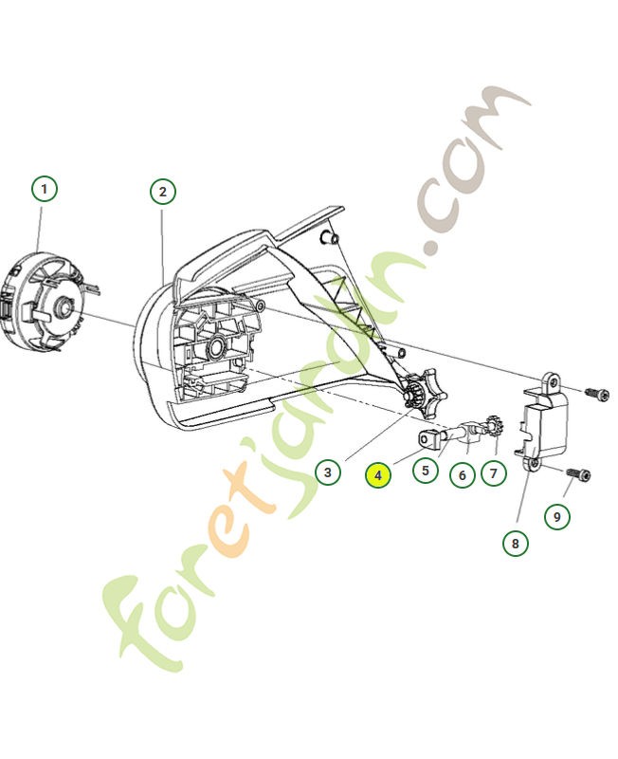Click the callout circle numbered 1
click(x=44, y=188)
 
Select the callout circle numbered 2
click(x=163, y=192)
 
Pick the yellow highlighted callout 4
click(x=377, y=474)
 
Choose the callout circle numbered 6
click(x=462, y=473)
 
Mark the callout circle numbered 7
click(x=493, y=472)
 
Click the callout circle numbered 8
click(x=516, y=544)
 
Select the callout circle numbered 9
click(x=556, y=516)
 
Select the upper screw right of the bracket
click(x=594, y=391)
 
